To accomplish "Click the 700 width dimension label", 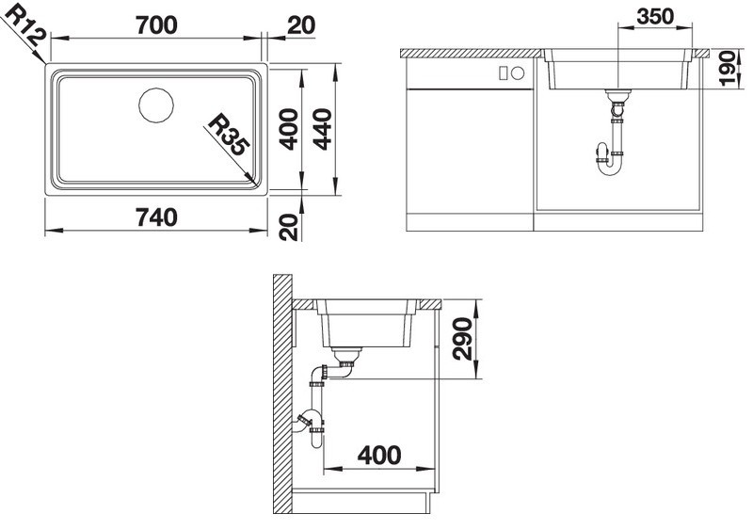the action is pos(156,25).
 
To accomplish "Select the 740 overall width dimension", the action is pos(156,217).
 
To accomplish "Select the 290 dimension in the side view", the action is pos(462,338).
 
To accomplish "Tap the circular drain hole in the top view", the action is pos(156,105).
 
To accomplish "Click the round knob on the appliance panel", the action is pos(518,73).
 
